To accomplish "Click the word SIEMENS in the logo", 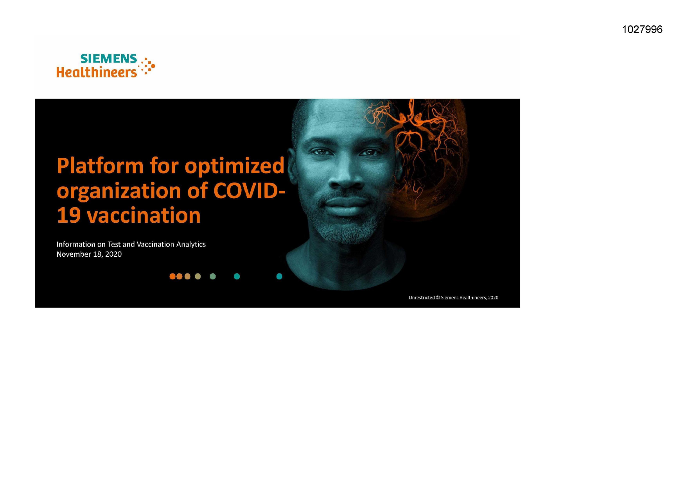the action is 109,59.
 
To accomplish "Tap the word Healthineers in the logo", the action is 97,72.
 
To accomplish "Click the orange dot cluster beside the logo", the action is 147,66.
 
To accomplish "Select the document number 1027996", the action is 642,29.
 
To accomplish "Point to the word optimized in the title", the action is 234,166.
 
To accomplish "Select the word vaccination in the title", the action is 144,215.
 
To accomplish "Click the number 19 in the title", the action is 69,216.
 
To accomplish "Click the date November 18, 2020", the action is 89,254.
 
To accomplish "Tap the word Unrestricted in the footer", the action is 422,298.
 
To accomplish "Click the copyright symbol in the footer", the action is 438,298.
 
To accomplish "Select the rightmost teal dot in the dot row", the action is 279,276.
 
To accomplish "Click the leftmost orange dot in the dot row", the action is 172,276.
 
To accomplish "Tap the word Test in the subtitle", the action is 114,244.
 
